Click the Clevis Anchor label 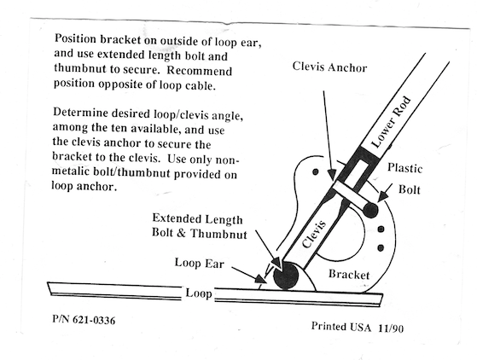pyautogui.click(x=329, y=67)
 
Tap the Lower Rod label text pyautogui.click(x=391, y=122)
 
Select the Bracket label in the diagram pyautogui.click(x=349, y=274)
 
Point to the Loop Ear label pyautogui.click(x=200, y=263)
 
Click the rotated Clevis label pyautogui.click(x=314, y=234)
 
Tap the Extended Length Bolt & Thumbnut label pyautogui.click(x=200, y=226)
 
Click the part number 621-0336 pyautogui.click(x=94, y=320)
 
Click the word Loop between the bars pyautogui.click(x=199, y=293)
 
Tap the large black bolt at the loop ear pyautogui.click(x=286, y=276)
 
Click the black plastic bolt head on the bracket pyautogui.click(x=370, y=210)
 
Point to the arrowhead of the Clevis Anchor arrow pyautogui.click(x=332, y=176)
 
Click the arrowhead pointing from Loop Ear pyautogui.click(x=260, y=279)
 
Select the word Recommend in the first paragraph pyautogui.click(x=200, y=71)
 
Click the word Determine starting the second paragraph pyautogui.click(x=80, y=113)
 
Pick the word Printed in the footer pyautogui.click(x=329, y=326)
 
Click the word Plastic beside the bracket pyautogui.click(x=405, y=168)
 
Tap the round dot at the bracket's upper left pyautogui.click(x=316, y=171)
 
